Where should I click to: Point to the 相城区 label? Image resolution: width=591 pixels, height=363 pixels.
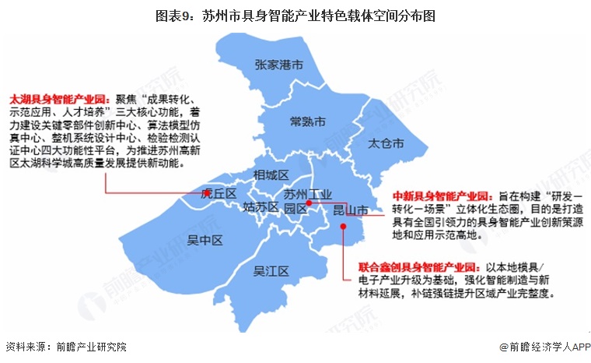271,174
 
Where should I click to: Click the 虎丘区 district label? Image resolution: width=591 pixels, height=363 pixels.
219,193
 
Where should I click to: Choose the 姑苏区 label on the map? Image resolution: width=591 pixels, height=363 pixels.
260,207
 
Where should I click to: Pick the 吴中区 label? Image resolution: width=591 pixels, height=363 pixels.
205,241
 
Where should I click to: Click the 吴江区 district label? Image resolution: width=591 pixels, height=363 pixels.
271,272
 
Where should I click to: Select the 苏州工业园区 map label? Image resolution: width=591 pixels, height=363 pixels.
306,200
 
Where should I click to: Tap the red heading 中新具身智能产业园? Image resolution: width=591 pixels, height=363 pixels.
440,196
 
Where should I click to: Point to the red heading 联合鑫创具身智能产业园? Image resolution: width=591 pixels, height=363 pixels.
420,266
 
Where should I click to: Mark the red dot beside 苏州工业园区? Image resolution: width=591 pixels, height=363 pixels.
309,203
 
